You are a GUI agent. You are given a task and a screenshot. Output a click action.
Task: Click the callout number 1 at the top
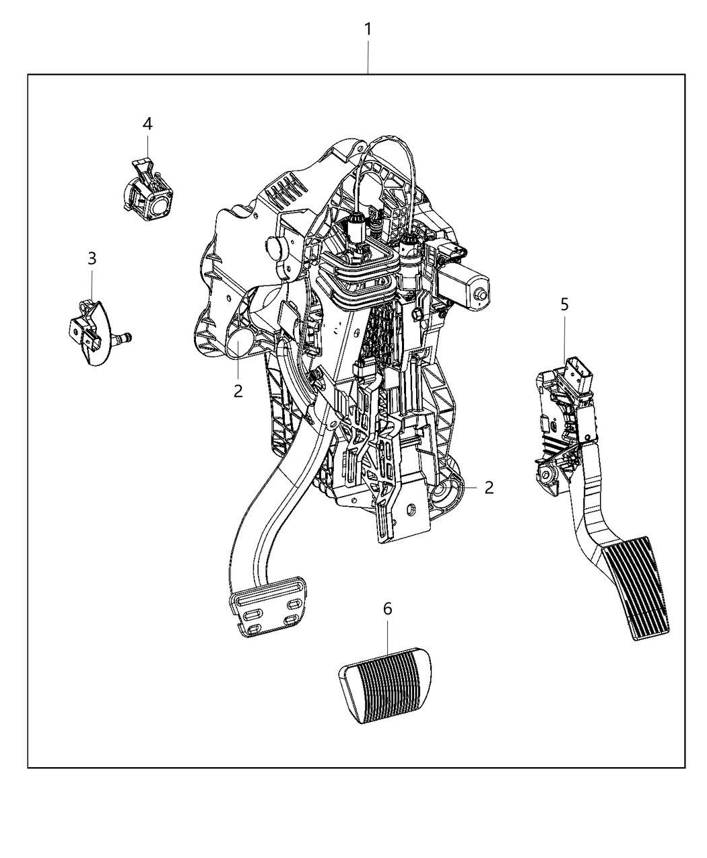[x=368, y=30]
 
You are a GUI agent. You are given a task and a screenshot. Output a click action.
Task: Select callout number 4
[x=147, y=124]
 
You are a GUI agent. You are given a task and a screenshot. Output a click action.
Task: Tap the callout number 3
[x=92, y=258]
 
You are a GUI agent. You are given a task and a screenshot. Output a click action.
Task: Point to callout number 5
[x=564, y=304]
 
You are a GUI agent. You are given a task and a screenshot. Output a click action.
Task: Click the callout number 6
[x=388, y=609]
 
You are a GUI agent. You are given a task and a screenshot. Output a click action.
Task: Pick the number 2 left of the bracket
[x=238, y=391]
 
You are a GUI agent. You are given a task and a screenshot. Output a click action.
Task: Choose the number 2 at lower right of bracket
[x=489, y=488]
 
